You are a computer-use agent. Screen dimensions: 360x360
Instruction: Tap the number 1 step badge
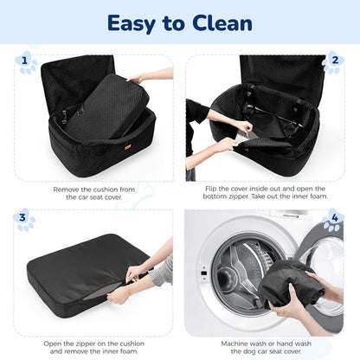26,61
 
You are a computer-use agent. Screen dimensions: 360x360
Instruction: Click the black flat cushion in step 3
78,268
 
